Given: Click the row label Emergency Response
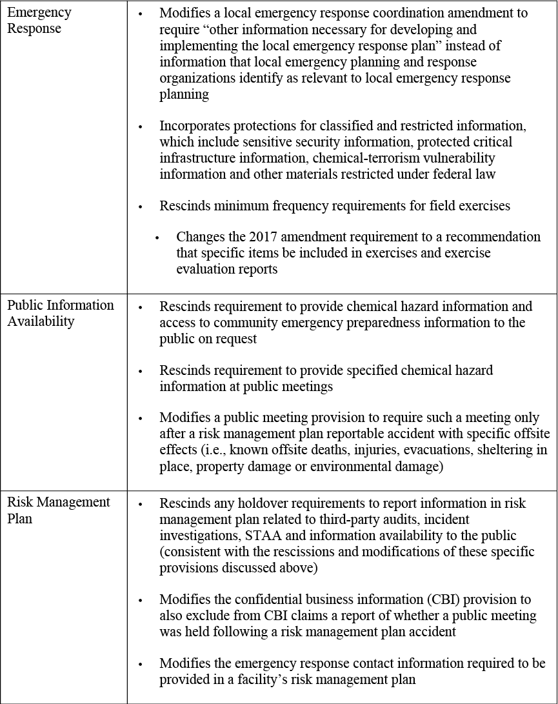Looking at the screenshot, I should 39,21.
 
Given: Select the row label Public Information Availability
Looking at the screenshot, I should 61,313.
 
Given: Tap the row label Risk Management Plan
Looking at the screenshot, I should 59,510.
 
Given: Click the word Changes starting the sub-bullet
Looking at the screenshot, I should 200,237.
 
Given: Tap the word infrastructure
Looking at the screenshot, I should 201,158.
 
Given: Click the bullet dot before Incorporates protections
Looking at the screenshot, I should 140,126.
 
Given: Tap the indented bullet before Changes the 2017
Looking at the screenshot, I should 157,237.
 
